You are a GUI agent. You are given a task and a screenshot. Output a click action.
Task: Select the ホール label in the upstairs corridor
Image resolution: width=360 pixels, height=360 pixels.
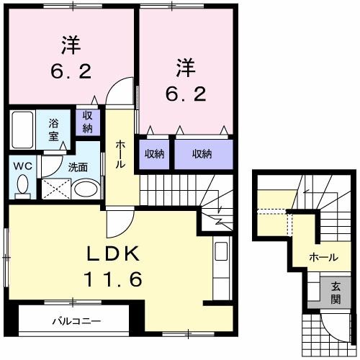coord(120,155)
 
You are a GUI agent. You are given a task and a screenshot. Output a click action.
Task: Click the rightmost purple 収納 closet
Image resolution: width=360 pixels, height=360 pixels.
coord(202,153)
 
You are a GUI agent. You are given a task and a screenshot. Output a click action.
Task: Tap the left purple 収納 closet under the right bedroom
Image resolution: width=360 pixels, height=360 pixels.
coord(153,153)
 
